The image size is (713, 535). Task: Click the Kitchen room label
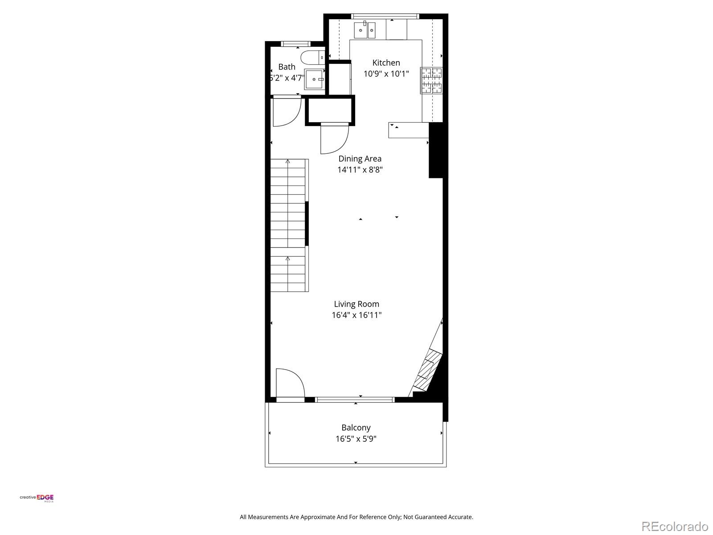[x=386, y=63]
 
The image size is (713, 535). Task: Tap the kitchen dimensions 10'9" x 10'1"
[x=386, y=74]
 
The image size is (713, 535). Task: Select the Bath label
[x=287, y=67]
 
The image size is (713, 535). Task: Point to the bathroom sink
[x=314, y=79]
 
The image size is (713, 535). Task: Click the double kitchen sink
[x=365, y=30]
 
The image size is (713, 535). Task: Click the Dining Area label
[x=360, y=159]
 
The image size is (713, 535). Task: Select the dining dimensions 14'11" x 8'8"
[x=360, y=170]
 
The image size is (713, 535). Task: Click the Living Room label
[x=356, y=304]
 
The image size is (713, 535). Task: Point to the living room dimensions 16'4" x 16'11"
[x=356, y=315]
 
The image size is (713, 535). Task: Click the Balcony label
[x=356, y=428]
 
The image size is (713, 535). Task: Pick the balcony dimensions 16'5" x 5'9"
[x=356, y=439]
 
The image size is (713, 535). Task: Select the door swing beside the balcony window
[x=289, y=383]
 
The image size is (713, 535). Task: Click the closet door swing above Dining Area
[x=334, y=139]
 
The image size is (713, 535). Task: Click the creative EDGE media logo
[x=37, y=498]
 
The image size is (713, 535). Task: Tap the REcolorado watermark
[x=675, y=526]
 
